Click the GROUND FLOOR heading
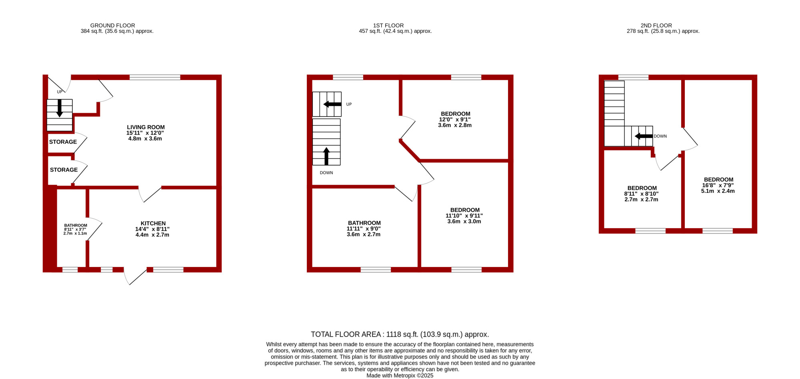pos(112,25)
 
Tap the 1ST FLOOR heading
pos(388,25)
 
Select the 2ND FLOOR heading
pos(656,25)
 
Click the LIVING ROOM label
pos(146,127)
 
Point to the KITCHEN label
pos(153,223)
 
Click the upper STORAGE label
pos(63,142)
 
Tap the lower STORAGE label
pos(64,170)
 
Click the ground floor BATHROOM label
pos(76,225)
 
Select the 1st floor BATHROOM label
pos(364,223)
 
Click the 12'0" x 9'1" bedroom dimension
pos(455,119)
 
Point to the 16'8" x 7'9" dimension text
pos(718,185)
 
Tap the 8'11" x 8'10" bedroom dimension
pos(641,194)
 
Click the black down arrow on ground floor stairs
pos(60,108)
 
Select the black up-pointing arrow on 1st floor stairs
pos(326,156)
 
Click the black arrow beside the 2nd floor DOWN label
pos(644,136)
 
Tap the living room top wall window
pos(155,77)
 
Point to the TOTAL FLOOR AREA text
pos(400,334)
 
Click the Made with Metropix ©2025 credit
pos(400,375)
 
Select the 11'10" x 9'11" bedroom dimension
pos(464,216)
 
